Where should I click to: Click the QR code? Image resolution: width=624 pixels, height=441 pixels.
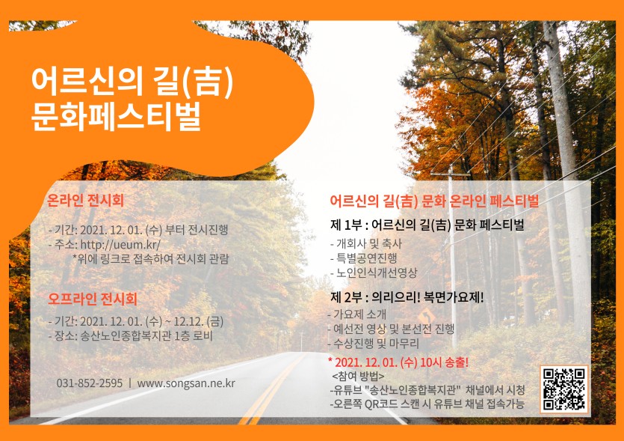pyautogui.click(x=563, y=389)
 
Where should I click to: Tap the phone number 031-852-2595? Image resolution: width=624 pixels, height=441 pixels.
pyautogui.click(x=90, y=383)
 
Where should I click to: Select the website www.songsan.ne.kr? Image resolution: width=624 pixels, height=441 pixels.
pyautogui.click(x=186, y=383)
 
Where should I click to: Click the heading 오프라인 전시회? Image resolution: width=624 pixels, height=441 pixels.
pyautogui.click(x=93, y=299)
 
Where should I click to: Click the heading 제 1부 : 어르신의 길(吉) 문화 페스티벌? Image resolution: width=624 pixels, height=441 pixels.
pyautogui.click(x=427, y=225)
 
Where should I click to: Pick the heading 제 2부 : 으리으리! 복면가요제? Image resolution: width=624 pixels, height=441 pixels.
pyautogui.click(x=407, y=296)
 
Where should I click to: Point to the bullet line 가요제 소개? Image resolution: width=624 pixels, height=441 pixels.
pyautogui.click(x=362, y=314)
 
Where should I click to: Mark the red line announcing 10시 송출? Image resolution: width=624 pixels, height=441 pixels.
pyautogui.click(x=398, y=362)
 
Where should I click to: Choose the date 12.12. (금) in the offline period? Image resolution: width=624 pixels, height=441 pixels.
pyautogui.click(x=197, y=321)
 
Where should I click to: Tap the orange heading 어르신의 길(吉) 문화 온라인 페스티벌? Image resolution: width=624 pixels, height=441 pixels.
pyautogui.click(x=434, y=201)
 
